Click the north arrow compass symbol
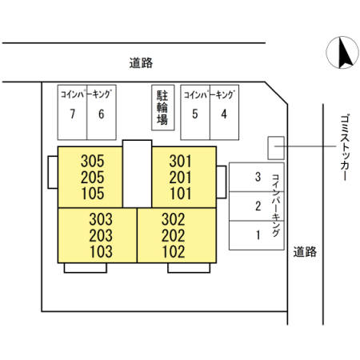click(x=344, y=54)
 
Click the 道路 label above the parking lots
click(x=140, y=62)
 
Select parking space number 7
click(x=72, y=113)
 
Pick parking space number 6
click(x=101, y=113)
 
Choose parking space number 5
click(x=194, y=113)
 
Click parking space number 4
click(x=224, y=113)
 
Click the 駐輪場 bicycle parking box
click(x=162, y=108)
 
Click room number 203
click(x=102, y=234)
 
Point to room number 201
click(x=180, y=176)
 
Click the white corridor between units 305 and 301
click(x=137, y=172)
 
